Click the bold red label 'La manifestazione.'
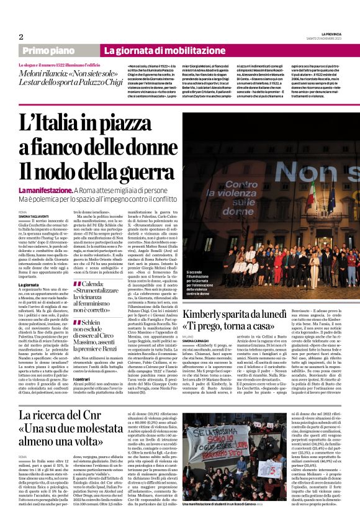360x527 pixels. click(x=45, y=189)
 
